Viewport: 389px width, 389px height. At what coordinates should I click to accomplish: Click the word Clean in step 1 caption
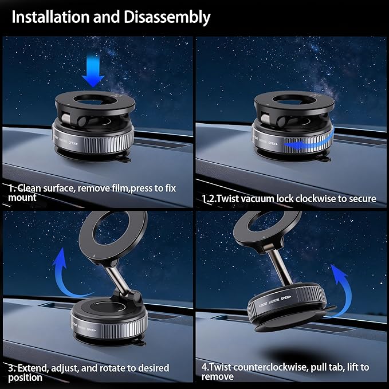click(x=34, y=187)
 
